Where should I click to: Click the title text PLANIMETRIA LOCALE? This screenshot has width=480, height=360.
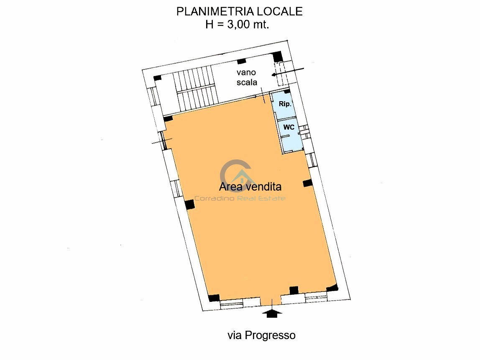click(239, 12)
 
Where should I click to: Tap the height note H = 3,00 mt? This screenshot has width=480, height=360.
click(237, 24)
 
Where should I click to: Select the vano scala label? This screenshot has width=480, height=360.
click(247, 77)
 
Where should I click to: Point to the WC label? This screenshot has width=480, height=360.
click(289, 127)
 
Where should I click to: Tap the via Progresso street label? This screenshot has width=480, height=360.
click(261, 335)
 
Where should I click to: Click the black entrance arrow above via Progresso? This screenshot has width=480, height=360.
click(272, 312)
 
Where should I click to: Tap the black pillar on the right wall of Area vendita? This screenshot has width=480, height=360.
click(308, 183)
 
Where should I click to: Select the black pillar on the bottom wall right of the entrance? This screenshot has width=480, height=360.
click(294, 290)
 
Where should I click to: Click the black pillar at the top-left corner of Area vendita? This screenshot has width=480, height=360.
click(168, 119)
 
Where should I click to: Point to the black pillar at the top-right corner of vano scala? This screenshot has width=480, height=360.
click(277, 56)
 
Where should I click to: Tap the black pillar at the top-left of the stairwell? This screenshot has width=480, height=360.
click(157, 78)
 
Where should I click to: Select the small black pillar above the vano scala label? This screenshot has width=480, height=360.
click(241, 62)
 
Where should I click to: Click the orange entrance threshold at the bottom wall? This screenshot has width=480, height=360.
click(271, 300)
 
